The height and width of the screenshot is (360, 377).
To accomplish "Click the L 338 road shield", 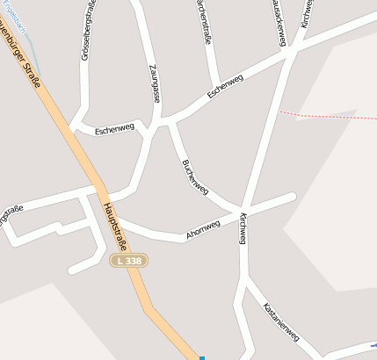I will coord(129,261).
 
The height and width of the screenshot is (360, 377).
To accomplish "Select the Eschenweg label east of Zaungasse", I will coord(226,86).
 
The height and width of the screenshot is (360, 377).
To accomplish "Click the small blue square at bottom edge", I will coord(202,357).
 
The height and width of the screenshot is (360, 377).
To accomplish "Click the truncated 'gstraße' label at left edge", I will coord(11,212).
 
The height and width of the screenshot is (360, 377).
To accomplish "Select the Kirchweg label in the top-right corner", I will coord(307,13).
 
